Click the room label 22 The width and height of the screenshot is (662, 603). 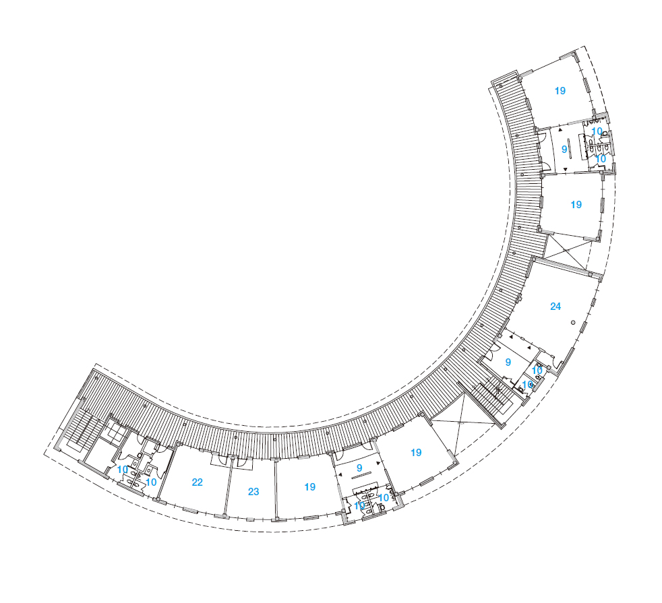click(197, 482)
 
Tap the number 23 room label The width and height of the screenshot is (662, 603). click(253, 492)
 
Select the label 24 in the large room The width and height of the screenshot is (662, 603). click(555, 307)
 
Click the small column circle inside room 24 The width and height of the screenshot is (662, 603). click(573, 323)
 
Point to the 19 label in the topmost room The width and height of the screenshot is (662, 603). click(560, 91)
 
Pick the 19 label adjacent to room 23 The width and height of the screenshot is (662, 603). click(310, 487)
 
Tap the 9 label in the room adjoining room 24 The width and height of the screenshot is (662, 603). click(508, 362)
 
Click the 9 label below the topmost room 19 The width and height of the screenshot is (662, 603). click(564, 150)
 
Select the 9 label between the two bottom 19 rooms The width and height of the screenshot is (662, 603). click(359, 468)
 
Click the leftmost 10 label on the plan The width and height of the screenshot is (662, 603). click(123, 470)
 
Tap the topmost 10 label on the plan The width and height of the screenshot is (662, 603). click(597, 131)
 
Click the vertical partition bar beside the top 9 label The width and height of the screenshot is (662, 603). click(570, 149)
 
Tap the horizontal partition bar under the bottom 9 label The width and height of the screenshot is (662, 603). click(361, 476)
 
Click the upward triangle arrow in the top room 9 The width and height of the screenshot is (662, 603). click(561, 131)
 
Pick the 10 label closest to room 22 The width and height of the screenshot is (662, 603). click(151, 482)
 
